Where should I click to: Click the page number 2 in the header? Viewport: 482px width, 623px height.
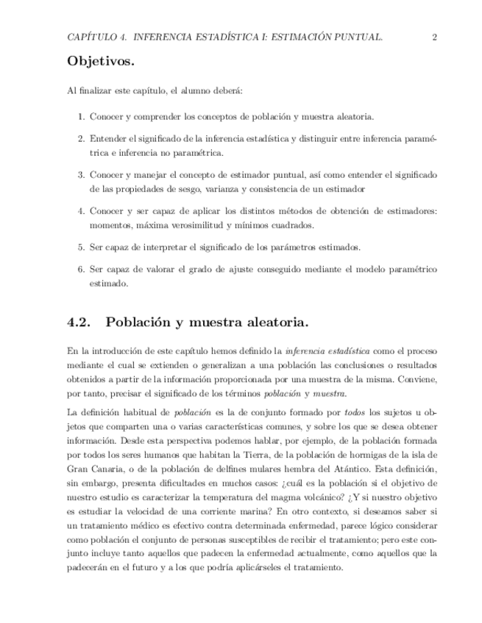(x=435, y=37)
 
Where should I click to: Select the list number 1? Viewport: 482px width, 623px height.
(x=81, y=117)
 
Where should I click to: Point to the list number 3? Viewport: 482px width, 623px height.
(x=81, y=175)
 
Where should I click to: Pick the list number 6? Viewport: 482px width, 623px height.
(x=81, y=269)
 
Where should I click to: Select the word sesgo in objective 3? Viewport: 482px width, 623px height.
(x=180, y=189)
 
